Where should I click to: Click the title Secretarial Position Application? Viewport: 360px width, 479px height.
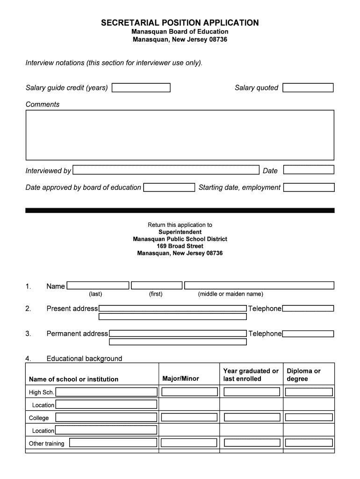(x=180, y=23)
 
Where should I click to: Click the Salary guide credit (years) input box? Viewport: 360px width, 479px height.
(x=141, y=88)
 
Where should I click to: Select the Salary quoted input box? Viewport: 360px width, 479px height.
(x=308, y=88)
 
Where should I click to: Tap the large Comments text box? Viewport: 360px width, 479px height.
(x=180, y=135)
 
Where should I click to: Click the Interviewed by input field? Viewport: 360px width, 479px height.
(x=166, y=170)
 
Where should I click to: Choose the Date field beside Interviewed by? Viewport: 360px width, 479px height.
(x=309, y=170)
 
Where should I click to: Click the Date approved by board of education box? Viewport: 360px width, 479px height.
(x=169, y=188)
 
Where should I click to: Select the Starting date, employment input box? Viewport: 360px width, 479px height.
(x=309, y=188)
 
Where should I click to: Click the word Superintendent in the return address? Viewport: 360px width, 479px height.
(x=180, y=232)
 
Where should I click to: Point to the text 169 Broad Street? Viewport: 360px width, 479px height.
(x=180, y=246)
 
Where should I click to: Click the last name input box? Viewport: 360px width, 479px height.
(x=98, y=285)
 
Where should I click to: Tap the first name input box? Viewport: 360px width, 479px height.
(x=157, y=285)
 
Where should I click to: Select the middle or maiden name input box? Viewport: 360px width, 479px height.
(x=259, y=285)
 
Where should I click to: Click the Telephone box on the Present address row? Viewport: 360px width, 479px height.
(x=308, y=308)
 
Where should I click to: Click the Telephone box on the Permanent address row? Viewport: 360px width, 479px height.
(x=308, y=334)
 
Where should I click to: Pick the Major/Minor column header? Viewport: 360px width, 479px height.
(x=180, y=378)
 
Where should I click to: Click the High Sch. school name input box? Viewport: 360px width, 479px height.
(x=106, y=392)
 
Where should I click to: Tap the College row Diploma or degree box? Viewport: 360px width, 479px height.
(x=309, y=417)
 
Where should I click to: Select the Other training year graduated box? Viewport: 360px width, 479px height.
(x=252, y=443)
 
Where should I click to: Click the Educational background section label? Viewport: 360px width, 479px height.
(x=84, y=359)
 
